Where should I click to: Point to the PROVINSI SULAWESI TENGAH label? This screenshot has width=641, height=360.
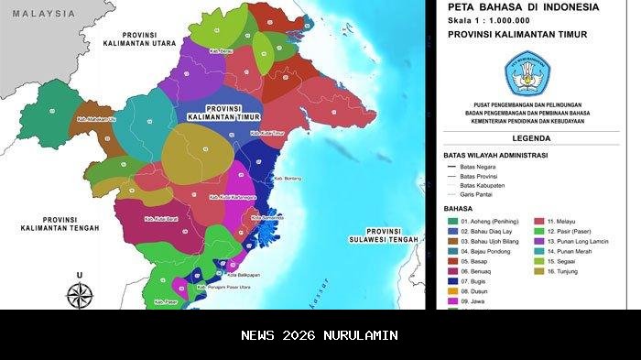(391, 235)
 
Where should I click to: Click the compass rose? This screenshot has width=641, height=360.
(81, 294)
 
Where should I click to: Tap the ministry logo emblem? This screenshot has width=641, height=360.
(525, 74)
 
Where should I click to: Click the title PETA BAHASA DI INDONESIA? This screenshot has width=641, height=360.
(523, 7)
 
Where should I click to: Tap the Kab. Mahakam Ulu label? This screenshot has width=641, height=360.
(95, 118)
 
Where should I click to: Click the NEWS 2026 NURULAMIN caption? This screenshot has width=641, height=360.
(320, 335)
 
